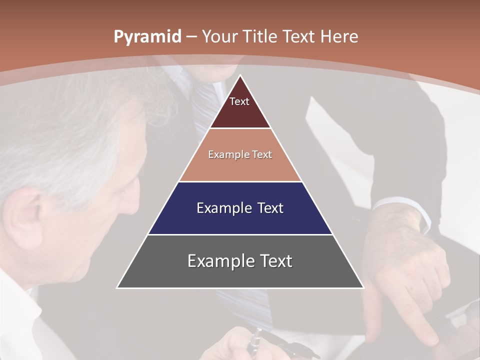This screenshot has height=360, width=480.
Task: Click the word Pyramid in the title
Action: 146,37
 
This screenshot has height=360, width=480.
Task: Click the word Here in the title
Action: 339,37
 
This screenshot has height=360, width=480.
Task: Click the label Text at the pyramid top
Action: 239,101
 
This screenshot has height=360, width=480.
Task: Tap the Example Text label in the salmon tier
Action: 240,154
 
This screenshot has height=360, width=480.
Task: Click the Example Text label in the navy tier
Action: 240,208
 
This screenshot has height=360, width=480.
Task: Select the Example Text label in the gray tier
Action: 240,261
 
